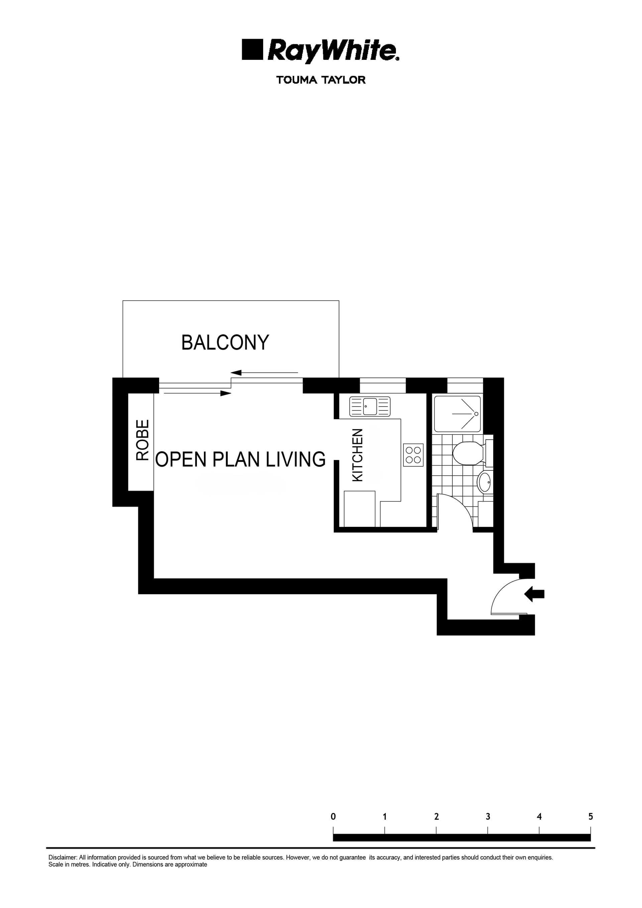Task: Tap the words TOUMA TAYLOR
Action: (321, 80)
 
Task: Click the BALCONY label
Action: (225, 342)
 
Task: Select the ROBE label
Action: (142, 440)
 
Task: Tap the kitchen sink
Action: (370, 406)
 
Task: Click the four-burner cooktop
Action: (413, 455)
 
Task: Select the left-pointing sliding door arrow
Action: (264, 372)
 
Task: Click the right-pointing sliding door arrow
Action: (197, 393)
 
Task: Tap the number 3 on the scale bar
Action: (488, 817)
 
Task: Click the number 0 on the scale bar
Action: (333, 817)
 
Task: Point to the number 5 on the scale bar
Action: (591, 817)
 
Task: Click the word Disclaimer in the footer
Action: (63, 858)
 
